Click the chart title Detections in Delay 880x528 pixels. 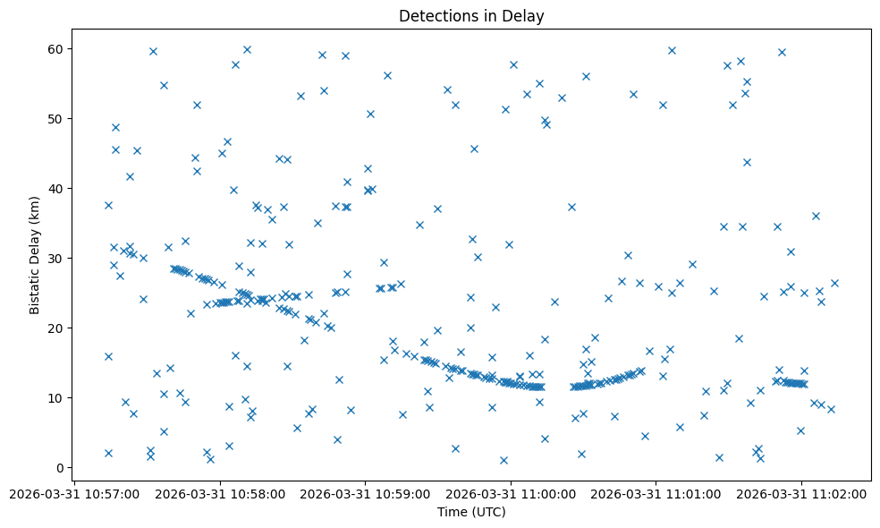tap(471, 16)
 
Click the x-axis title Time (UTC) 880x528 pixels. tap(471, 512)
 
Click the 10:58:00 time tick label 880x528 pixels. tap(219, 492)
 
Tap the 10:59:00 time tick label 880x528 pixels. tap(365, 492)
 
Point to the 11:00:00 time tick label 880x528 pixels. tap(511, 492)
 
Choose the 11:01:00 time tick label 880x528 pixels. tap(656, 492)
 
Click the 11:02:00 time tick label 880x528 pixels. tap(801, 492)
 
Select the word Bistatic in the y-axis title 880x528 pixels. tap(35, 285)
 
